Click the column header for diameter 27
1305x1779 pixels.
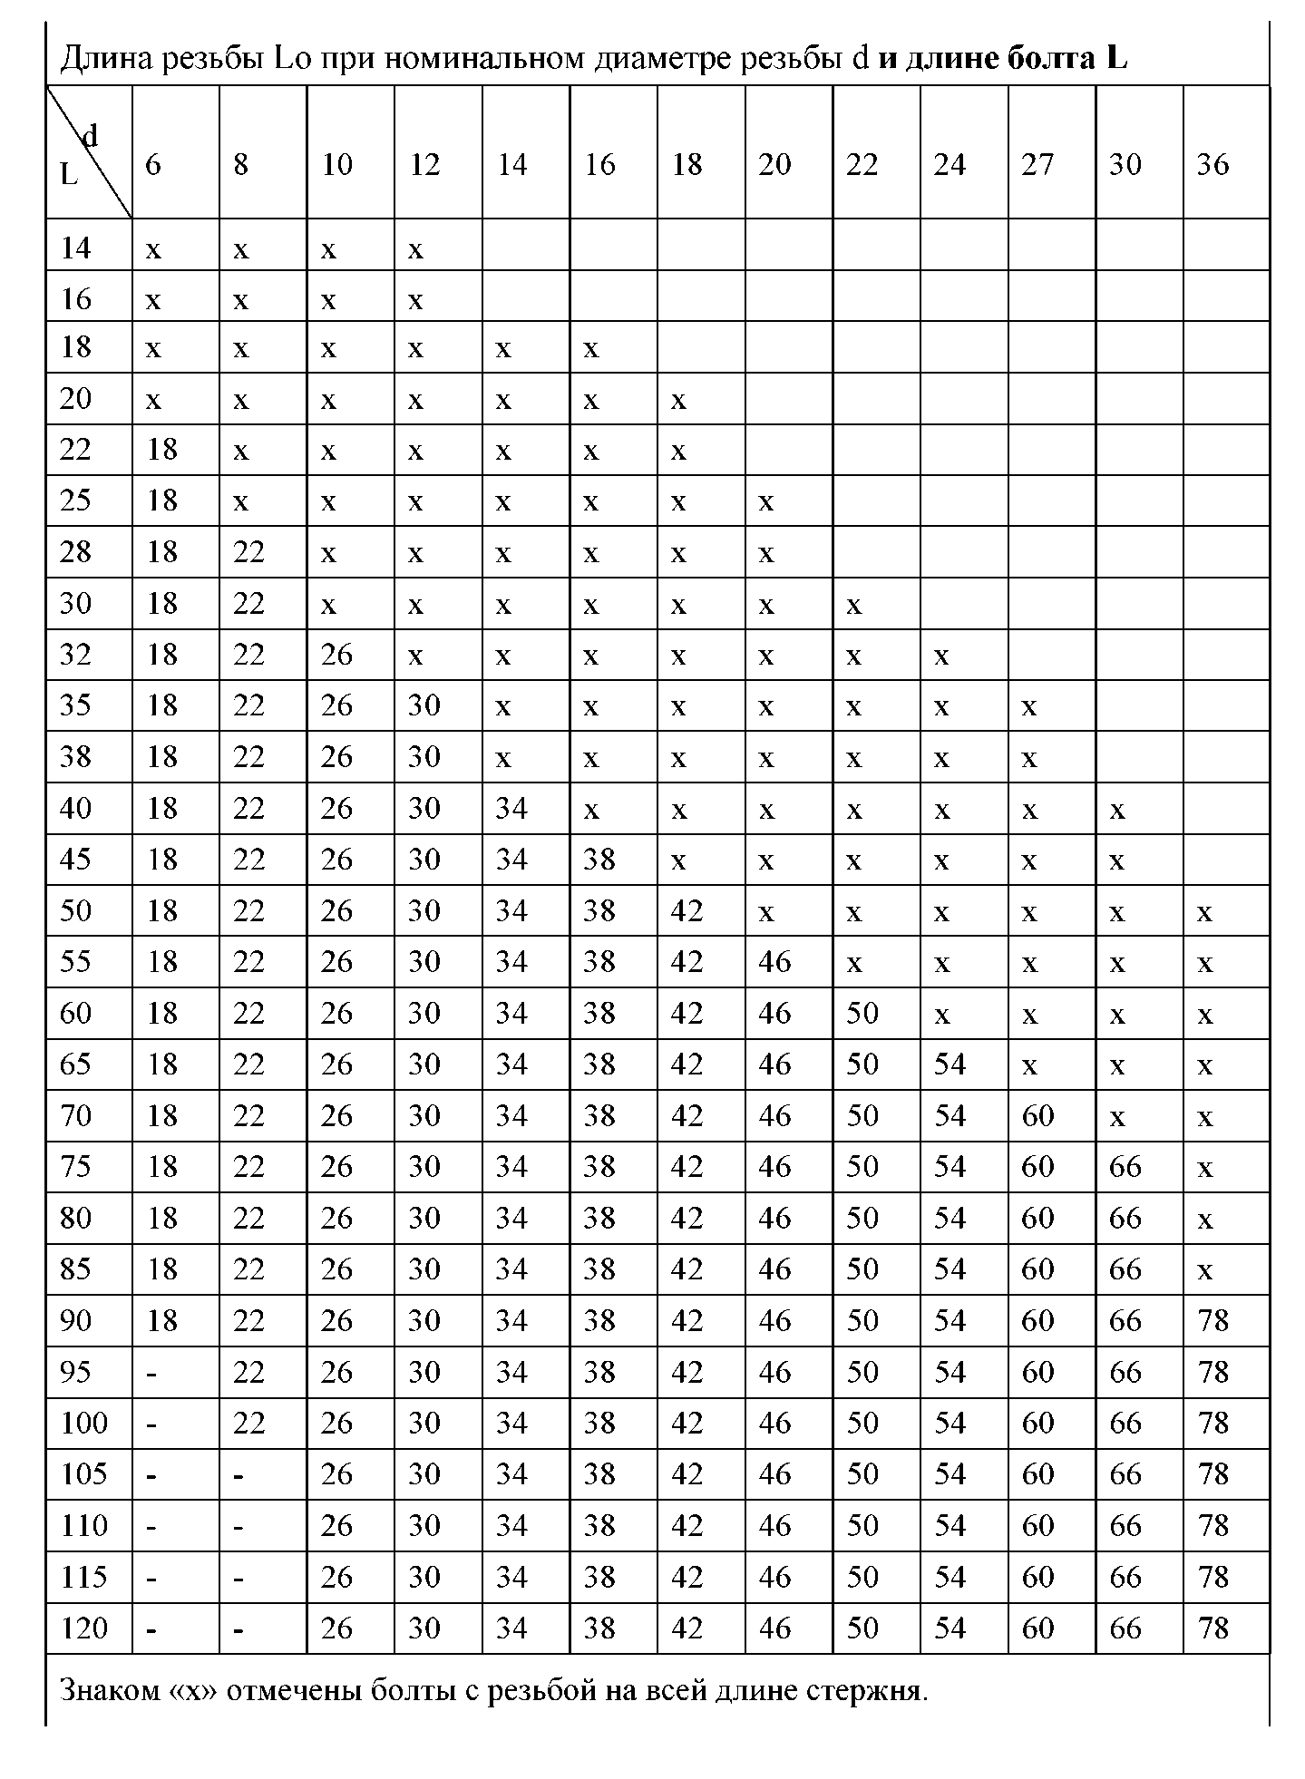(1037, 164)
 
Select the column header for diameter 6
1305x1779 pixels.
(153, 164)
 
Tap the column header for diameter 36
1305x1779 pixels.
(1212, 164)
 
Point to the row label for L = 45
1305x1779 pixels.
(75, 859)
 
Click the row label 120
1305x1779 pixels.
(84, 1628)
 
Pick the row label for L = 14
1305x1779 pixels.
(75, 248)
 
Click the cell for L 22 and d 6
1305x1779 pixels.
(162, 450)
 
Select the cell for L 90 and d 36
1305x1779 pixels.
(1212, 1320)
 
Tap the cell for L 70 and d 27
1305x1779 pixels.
(1037, 1115)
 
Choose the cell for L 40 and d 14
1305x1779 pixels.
(512, 808)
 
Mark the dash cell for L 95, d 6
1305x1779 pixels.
(151, 1374)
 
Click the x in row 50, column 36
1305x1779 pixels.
(1204, 913)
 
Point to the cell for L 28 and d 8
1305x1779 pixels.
(248, 552)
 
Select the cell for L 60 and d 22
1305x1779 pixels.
(862, 1013)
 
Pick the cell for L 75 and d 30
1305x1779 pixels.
(1125, 1166)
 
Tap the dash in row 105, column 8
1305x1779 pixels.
(239, 1476)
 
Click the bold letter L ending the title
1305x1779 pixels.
(1116, 59)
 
